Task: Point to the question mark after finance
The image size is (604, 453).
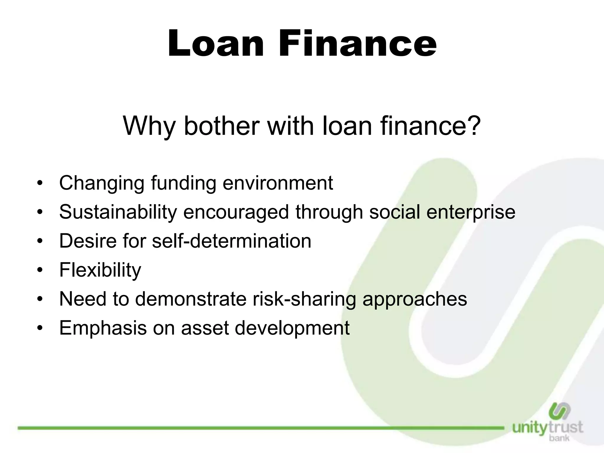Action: [x=471, y=126]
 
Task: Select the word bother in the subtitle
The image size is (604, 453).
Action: [x=221, y=126]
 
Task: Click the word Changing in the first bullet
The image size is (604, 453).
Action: [x=102, y=183]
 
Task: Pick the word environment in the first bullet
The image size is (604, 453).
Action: [x=278, y=183]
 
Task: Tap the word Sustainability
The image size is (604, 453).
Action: [x=118, y=212]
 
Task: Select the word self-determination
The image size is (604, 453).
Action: [x=232, y=241]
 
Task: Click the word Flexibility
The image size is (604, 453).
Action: [x=100, y=270]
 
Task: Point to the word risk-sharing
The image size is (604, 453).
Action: [x=304, y=299]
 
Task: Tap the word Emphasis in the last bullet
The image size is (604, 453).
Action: [x=103, y=328]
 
